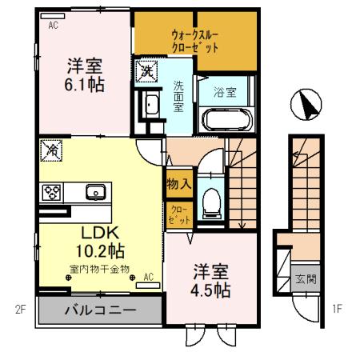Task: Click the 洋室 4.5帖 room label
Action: (x=211, y=280)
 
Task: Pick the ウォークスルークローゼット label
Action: (x=195, y=41)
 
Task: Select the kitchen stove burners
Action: (x=53, y=192)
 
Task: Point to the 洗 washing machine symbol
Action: (x=146, y=70)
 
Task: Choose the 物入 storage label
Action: (x=178, y=183)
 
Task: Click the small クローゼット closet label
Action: (x=178, y=214)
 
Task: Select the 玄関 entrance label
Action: (x=305, y=279)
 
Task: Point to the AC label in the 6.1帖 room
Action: (x=54, y=25)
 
